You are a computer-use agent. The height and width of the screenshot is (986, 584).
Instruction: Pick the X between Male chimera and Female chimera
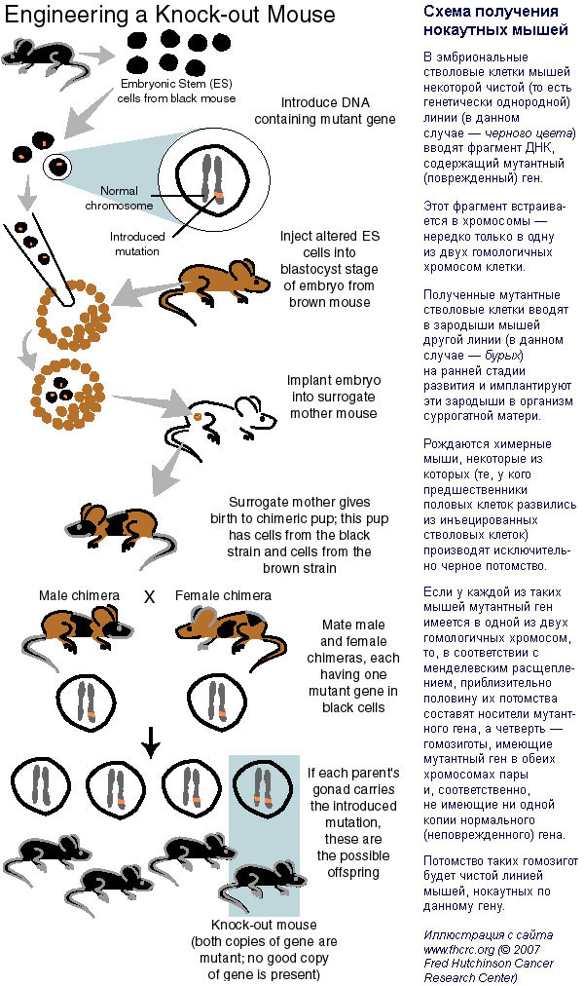(150, 596)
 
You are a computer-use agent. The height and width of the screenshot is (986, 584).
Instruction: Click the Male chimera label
(79, 595)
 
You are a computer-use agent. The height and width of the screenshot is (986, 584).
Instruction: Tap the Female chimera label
(223, 595)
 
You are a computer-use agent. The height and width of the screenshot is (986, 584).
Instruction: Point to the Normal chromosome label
(119, 198)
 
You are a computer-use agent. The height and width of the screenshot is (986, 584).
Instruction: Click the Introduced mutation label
(137, 244)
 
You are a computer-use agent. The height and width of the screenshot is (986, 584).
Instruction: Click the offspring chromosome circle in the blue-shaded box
(263, 788)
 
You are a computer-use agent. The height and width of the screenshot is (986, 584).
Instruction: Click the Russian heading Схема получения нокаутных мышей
(495, 20)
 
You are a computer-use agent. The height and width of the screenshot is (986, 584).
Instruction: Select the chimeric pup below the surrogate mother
(116, 528)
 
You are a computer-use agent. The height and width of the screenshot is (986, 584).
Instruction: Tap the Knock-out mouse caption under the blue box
(264, 925)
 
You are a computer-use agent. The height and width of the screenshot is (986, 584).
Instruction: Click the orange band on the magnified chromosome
(219, 196)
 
